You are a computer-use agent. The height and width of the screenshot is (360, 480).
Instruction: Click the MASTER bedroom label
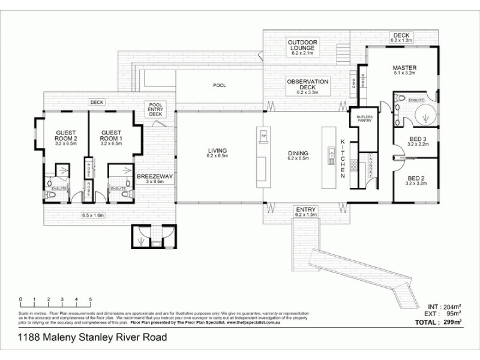coord(404,68)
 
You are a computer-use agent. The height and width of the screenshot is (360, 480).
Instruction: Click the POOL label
coord(220,86)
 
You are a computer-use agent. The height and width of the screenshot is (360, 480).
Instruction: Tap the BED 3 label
coord(403,139)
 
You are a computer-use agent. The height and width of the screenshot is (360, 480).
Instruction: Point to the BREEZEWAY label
coord(155,177)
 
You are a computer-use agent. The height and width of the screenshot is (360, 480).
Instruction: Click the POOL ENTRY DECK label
coord(155,109)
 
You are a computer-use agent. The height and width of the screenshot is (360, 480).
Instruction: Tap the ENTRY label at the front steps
coord(307,209)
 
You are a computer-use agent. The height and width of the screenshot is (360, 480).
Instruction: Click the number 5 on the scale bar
coord(90,299)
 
